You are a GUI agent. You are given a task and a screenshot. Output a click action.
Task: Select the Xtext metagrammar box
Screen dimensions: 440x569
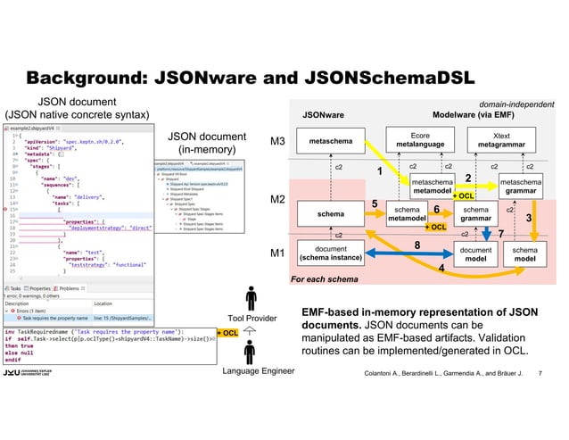tap(506, 141)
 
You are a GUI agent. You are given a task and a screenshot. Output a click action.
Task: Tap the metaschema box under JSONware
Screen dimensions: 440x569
tap(330, 141)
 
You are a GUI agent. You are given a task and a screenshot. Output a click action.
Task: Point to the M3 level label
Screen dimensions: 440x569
tap(277, 142)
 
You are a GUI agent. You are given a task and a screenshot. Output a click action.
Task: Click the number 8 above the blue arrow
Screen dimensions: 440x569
tap(416, 244)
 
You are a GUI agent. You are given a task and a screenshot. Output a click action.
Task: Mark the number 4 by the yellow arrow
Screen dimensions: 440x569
tap(441, 269)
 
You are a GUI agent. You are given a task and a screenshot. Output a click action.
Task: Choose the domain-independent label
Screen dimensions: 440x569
tap(517, 104)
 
